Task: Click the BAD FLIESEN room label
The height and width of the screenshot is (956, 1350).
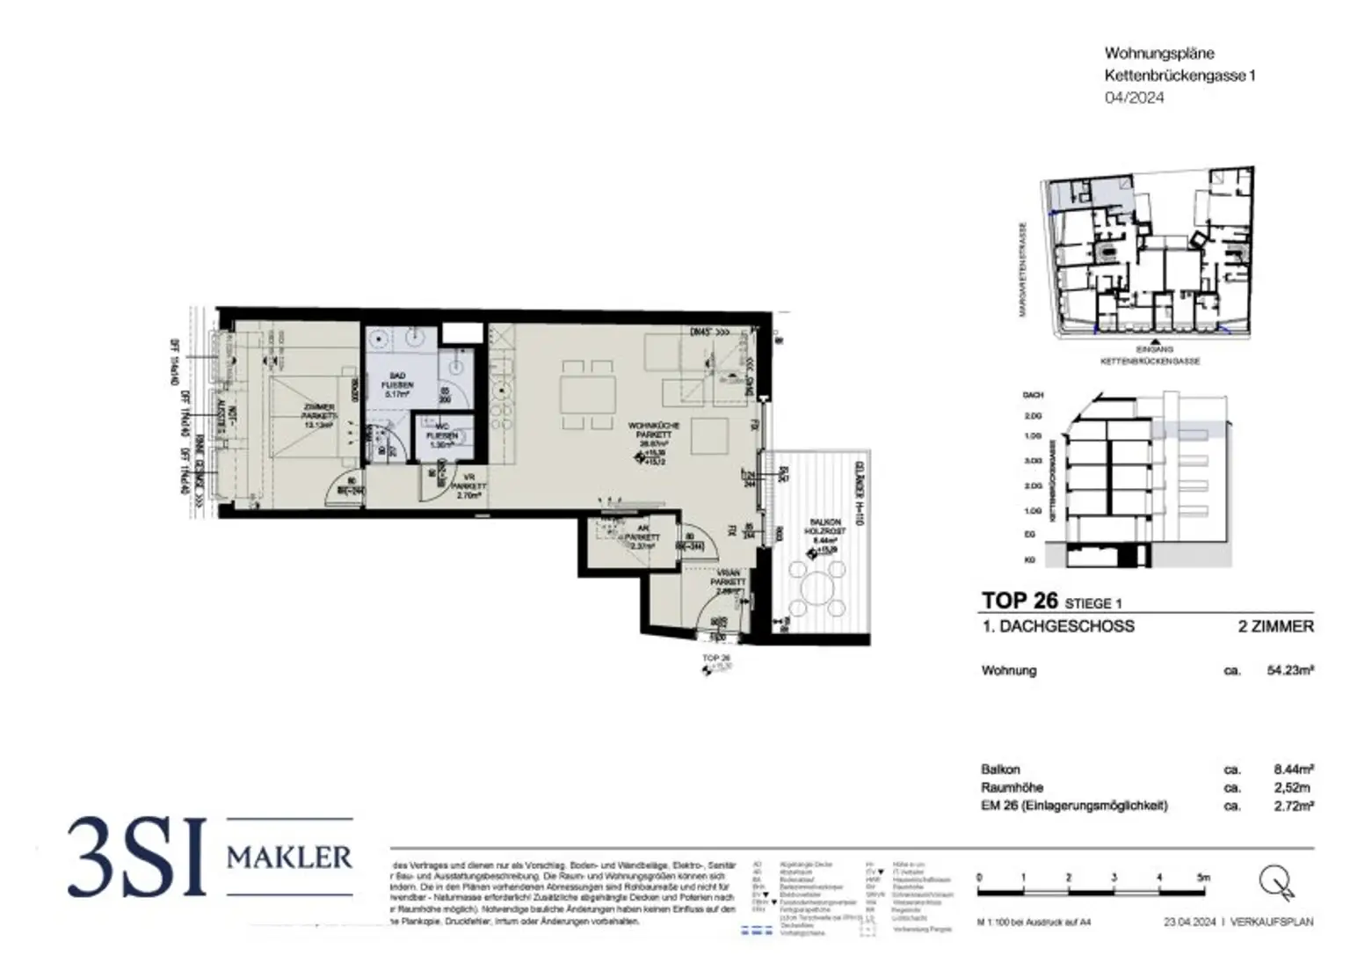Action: (x=397, y=385)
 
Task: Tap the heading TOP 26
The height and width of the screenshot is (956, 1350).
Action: (x=1018, y=601)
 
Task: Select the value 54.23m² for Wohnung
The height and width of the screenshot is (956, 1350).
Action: (x=1289, y=670)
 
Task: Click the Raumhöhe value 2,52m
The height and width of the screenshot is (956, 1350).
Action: (x=1292, y=787)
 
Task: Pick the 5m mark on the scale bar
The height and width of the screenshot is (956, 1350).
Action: (x=1204, y=877)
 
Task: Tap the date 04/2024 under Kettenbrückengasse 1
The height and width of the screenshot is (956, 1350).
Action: (x=1134, y=98)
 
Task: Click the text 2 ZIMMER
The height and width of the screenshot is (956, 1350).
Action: (x=1275, y=626)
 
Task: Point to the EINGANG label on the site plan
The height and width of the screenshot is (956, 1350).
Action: (x=1152, y=349)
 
